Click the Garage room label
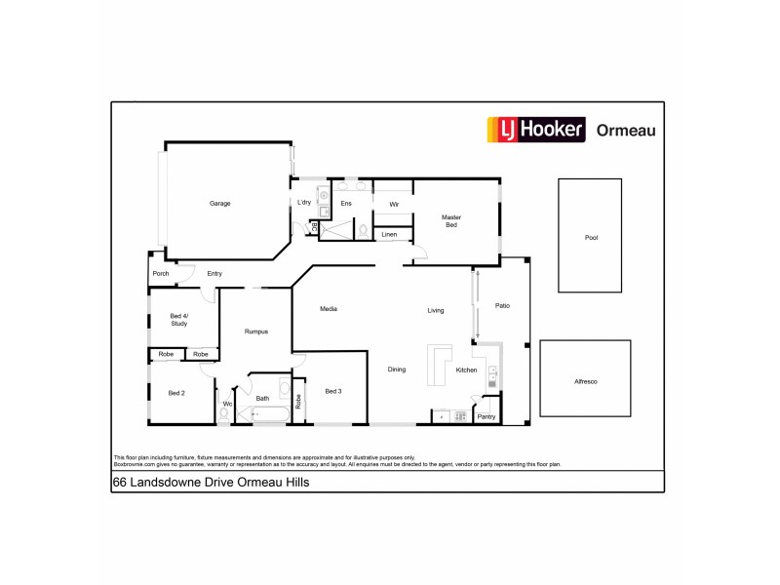click(x=219, y=203)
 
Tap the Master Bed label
click(x=450, y=221)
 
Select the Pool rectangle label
click(x=590, y=237)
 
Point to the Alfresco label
click(x=586, y=380)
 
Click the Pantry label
click(x=486, y=417)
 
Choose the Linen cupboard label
click(x=389, y=235)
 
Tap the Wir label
click(x=394, y=204)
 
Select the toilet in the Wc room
click(x=224, y=414)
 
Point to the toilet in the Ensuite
click(x=362, y=230)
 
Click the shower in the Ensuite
click(x=337, y=229)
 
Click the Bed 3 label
click(x=333, y=391)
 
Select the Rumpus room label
click(x=255, y=331)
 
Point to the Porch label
click(x=160, y=274)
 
